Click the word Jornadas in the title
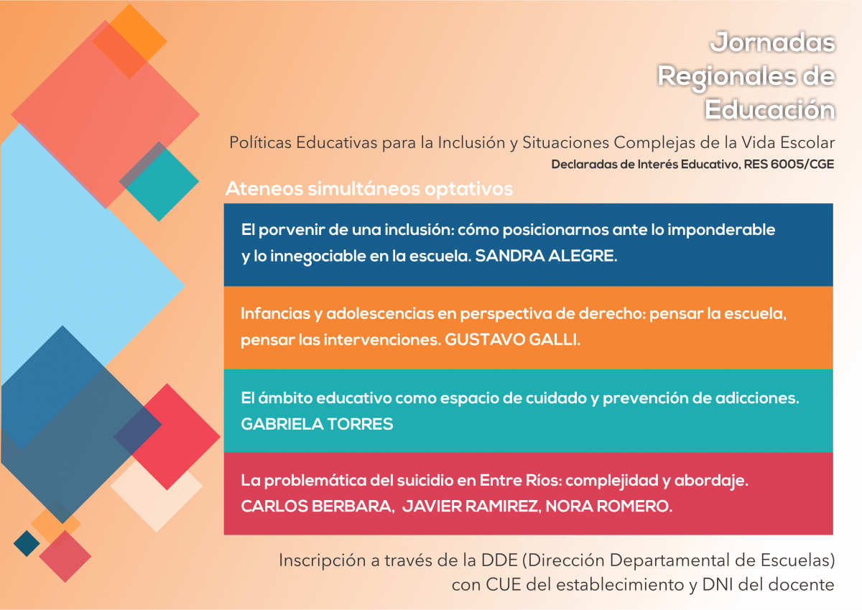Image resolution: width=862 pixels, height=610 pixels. point(773,43)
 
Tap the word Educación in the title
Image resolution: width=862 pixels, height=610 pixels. point(770,110)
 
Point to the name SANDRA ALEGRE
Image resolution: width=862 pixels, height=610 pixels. point(546,257)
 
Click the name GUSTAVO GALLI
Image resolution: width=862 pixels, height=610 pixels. point(512,340)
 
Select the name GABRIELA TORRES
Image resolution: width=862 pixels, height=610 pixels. point(317,424)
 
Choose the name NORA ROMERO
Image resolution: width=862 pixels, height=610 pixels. point(609,507)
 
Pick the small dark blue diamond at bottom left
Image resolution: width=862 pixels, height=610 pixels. point(27,542)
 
